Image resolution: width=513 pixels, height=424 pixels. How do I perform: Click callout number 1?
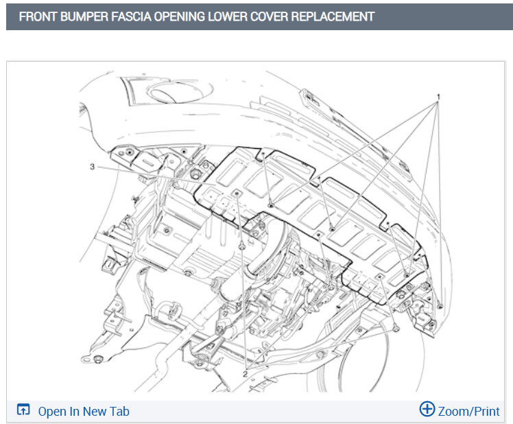(438, 97)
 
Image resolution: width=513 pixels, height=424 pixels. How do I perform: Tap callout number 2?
(245, 374)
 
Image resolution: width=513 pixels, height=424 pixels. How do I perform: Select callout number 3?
(93, 167)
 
